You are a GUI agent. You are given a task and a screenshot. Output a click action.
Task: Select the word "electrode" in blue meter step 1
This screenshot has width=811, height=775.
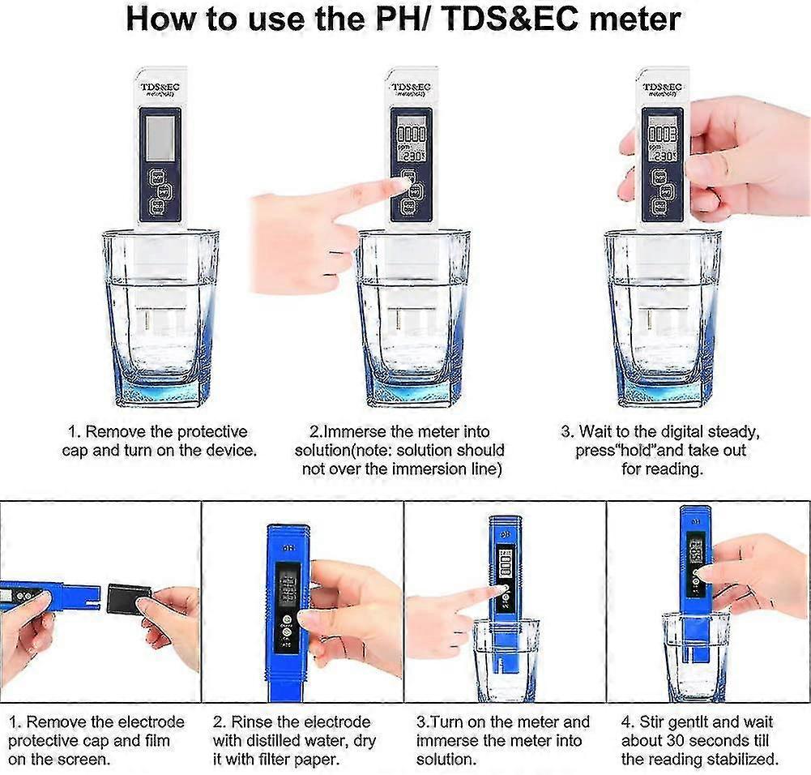(147, 721)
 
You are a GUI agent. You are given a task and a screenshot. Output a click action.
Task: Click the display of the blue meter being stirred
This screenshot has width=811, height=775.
(694, 554)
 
